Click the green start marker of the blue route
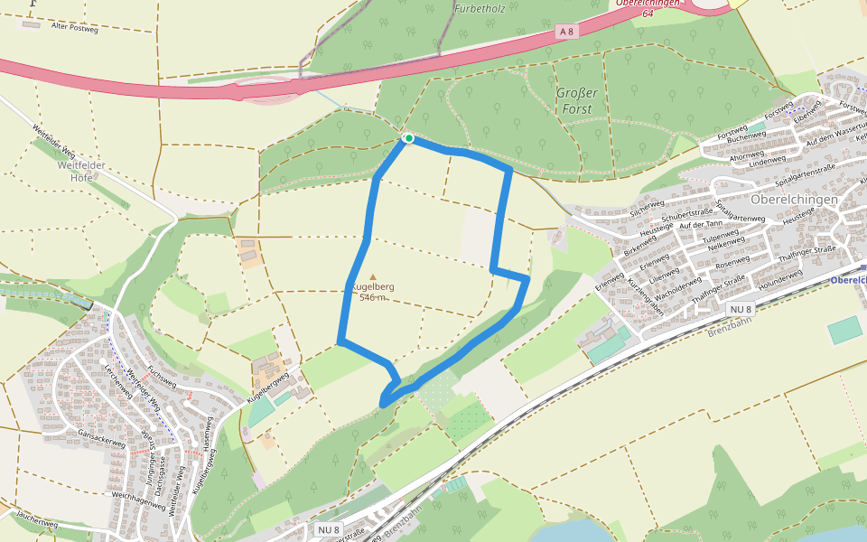(408, 138)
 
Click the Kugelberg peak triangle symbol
(372, 277)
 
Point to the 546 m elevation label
(373, 297)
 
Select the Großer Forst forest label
(574, 101)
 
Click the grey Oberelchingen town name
(794, 199)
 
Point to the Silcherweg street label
(648, 208)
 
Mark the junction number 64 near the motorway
(648, 14)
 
